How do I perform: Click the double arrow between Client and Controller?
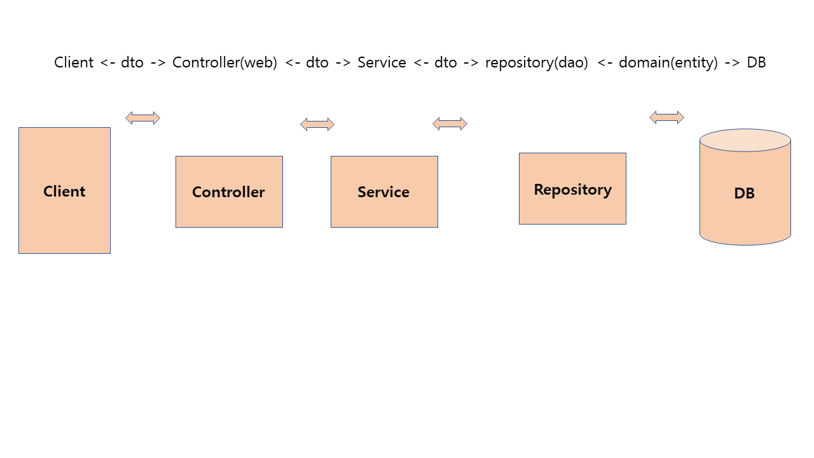point(142,118)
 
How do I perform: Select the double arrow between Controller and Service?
point(317,124)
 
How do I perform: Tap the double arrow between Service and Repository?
point(450,123)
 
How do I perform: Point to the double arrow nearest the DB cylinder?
point(666,117)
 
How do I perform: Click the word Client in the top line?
point(74,62)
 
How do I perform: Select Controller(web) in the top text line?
point(224,62)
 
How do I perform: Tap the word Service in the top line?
point(382,62)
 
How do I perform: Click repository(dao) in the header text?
point(536,62)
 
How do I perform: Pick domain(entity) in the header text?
point(668,62)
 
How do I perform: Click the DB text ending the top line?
point(756,62)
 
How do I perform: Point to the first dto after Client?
point(132,62)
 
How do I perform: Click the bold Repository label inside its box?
point(572,190)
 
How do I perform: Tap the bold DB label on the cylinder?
point(744,193)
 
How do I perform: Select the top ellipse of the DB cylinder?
point(745,140)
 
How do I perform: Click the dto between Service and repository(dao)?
point(445,62)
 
